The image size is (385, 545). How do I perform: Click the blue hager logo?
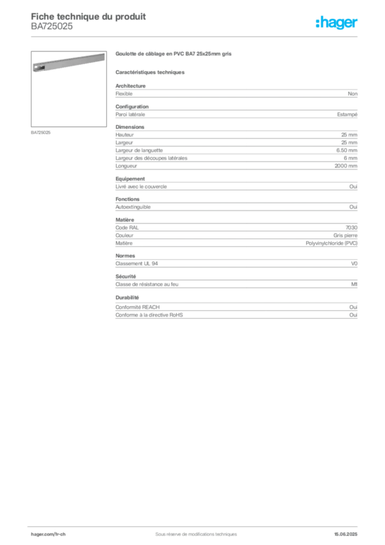point(337,23)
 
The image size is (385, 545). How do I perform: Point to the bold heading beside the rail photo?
point(174,54)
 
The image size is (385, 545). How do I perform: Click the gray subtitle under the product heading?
point(151,72)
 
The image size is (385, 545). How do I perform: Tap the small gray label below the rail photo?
point(40,132)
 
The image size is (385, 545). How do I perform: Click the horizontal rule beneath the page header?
point(195,36)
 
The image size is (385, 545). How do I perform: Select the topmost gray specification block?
point(236,94)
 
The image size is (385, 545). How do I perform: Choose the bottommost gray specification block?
point(236,308)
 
